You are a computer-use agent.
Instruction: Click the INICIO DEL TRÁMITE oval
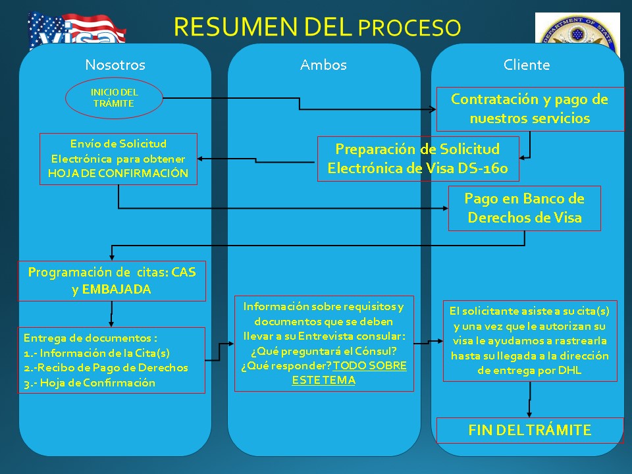point(114,98)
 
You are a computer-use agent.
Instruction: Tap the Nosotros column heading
point(115,65)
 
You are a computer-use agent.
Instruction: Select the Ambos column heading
point(323,65)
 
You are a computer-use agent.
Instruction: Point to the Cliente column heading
point(527,65)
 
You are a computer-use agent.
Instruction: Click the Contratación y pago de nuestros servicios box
point(530,109)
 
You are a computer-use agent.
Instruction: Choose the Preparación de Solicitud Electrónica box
point(418,159)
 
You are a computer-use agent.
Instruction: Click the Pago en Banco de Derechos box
point(525,209)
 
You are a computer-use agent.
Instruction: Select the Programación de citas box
point(112,281)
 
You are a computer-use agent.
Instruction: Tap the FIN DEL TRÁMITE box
point(529,431)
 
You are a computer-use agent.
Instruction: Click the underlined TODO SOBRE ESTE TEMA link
point(349,373)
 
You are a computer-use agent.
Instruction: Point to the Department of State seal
point(577,28)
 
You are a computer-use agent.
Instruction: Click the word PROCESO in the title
point(409,28)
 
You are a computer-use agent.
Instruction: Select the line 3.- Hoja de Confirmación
point(90,383)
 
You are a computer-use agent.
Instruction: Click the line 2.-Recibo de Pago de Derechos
point(105,367)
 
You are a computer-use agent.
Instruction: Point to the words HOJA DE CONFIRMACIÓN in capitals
point(118,173)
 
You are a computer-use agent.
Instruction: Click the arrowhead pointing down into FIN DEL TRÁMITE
point(529,414)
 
